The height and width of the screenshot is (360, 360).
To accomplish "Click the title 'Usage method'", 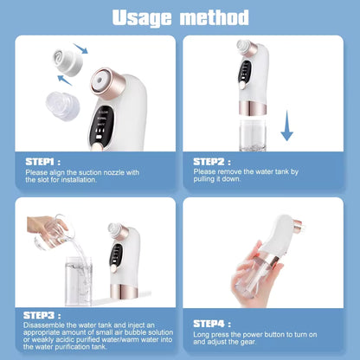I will (181, 16).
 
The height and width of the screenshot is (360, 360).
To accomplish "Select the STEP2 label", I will (210, 161).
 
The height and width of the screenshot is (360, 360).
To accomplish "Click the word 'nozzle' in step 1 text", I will (119, 173).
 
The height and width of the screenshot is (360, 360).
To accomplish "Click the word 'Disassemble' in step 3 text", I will (43, 326).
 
